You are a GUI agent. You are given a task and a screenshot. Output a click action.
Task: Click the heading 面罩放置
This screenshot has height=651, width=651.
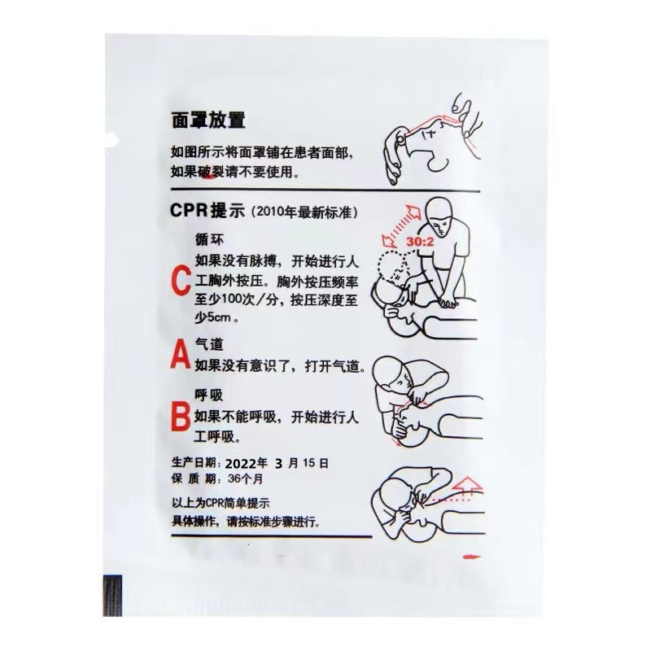click(x=208, y=120)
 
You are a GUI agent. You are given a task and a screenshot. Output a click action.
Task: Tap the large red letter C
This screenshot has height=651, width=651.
click(x=181, y=281)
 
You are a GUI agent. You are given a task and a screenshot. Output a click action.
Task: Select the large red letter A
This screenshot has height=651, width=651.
click(x=180, y=354)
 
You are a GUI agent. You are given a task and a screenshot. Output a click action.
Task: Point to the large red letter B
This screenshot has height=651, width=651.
click(x=181, y=417)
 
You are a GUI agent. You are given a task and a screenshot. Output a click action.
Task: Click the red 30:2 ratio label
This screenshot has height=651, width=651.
click(x=420, y=242)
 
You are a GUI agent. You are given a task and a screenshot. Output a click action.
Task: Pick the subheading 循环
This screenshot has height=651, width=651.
click(x=210, y=239)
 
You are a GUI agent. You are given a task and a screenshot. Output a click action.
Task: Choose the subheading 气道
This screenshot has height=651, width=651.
click(x=210, y=343)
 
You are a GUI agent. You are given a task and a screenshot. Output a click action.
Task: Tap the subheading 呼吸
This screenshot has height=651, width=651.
click(x=209, y=395)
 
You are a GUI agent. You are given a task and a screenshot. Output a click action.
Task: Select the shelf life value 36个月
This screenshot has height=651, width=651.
click(x=246, y=478)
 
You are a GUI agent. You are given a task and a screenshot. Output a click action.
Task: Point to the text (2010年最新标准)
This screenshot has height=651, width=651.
click(x=304, y=212)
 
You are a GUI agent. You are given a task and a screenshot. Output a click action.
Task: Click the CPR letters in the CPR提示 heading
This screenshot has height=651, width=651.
click(x=189, y=211)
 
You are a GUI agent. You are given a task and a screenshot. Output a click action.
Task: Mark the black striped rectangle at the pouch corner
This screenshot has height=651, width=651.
click(x=112, y=596)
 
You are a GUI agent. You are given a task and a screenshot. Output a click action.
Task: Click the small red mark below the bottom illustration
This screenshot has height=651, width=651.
click(x=472, y=557)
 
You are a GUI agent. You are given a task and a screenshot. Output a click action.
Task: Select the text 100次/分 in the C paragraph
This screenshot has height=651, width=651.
click(x=247, y=299)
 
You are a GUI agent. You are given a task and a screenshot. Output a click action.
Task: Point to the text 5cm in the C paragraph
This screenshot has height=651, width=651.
click(x=218, y=317)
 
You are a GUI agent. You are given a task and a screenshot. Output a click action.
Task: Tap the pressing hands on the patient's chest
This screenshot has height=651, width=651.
click(x=448, y=301)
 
